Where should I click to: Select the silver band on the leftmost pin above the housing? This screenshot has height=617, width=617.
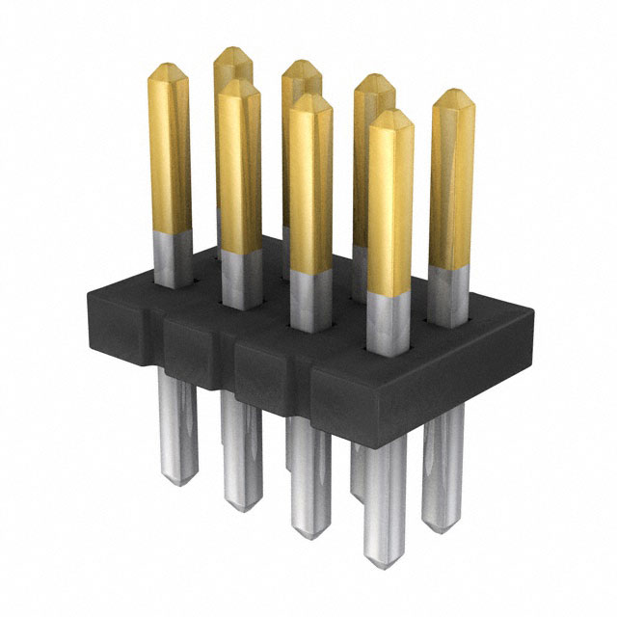(x=171, y=256)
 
